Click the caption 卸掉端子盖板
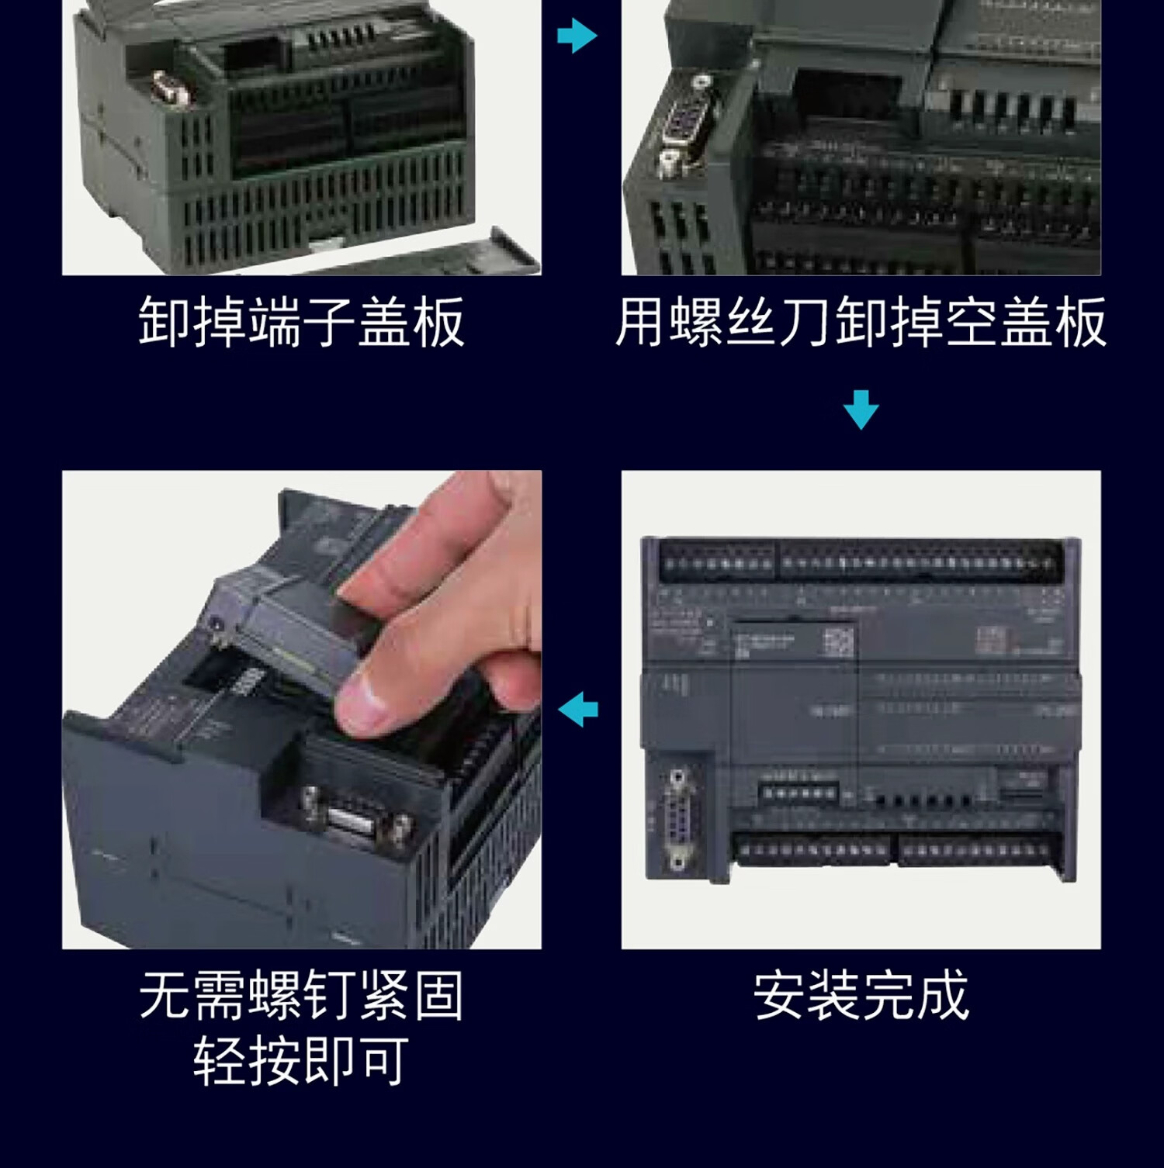(302, 321)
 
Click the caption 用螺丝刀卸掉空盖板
(861, 321)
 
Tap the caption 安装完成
(861, 995)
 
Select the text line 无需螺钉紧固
(302, 995)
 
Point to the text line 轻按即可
(302, 1061)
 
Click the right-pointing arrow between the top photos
(577, 35)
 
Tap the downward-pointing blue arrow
(861, 409)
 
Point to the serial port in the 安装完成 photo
(677, 818)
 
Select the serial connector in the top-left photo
(171, 86)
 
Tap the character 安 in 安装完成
(780, 995)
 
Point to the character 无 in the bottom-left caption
(165, 995)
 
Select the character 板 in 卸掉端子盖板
(439, 321)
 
